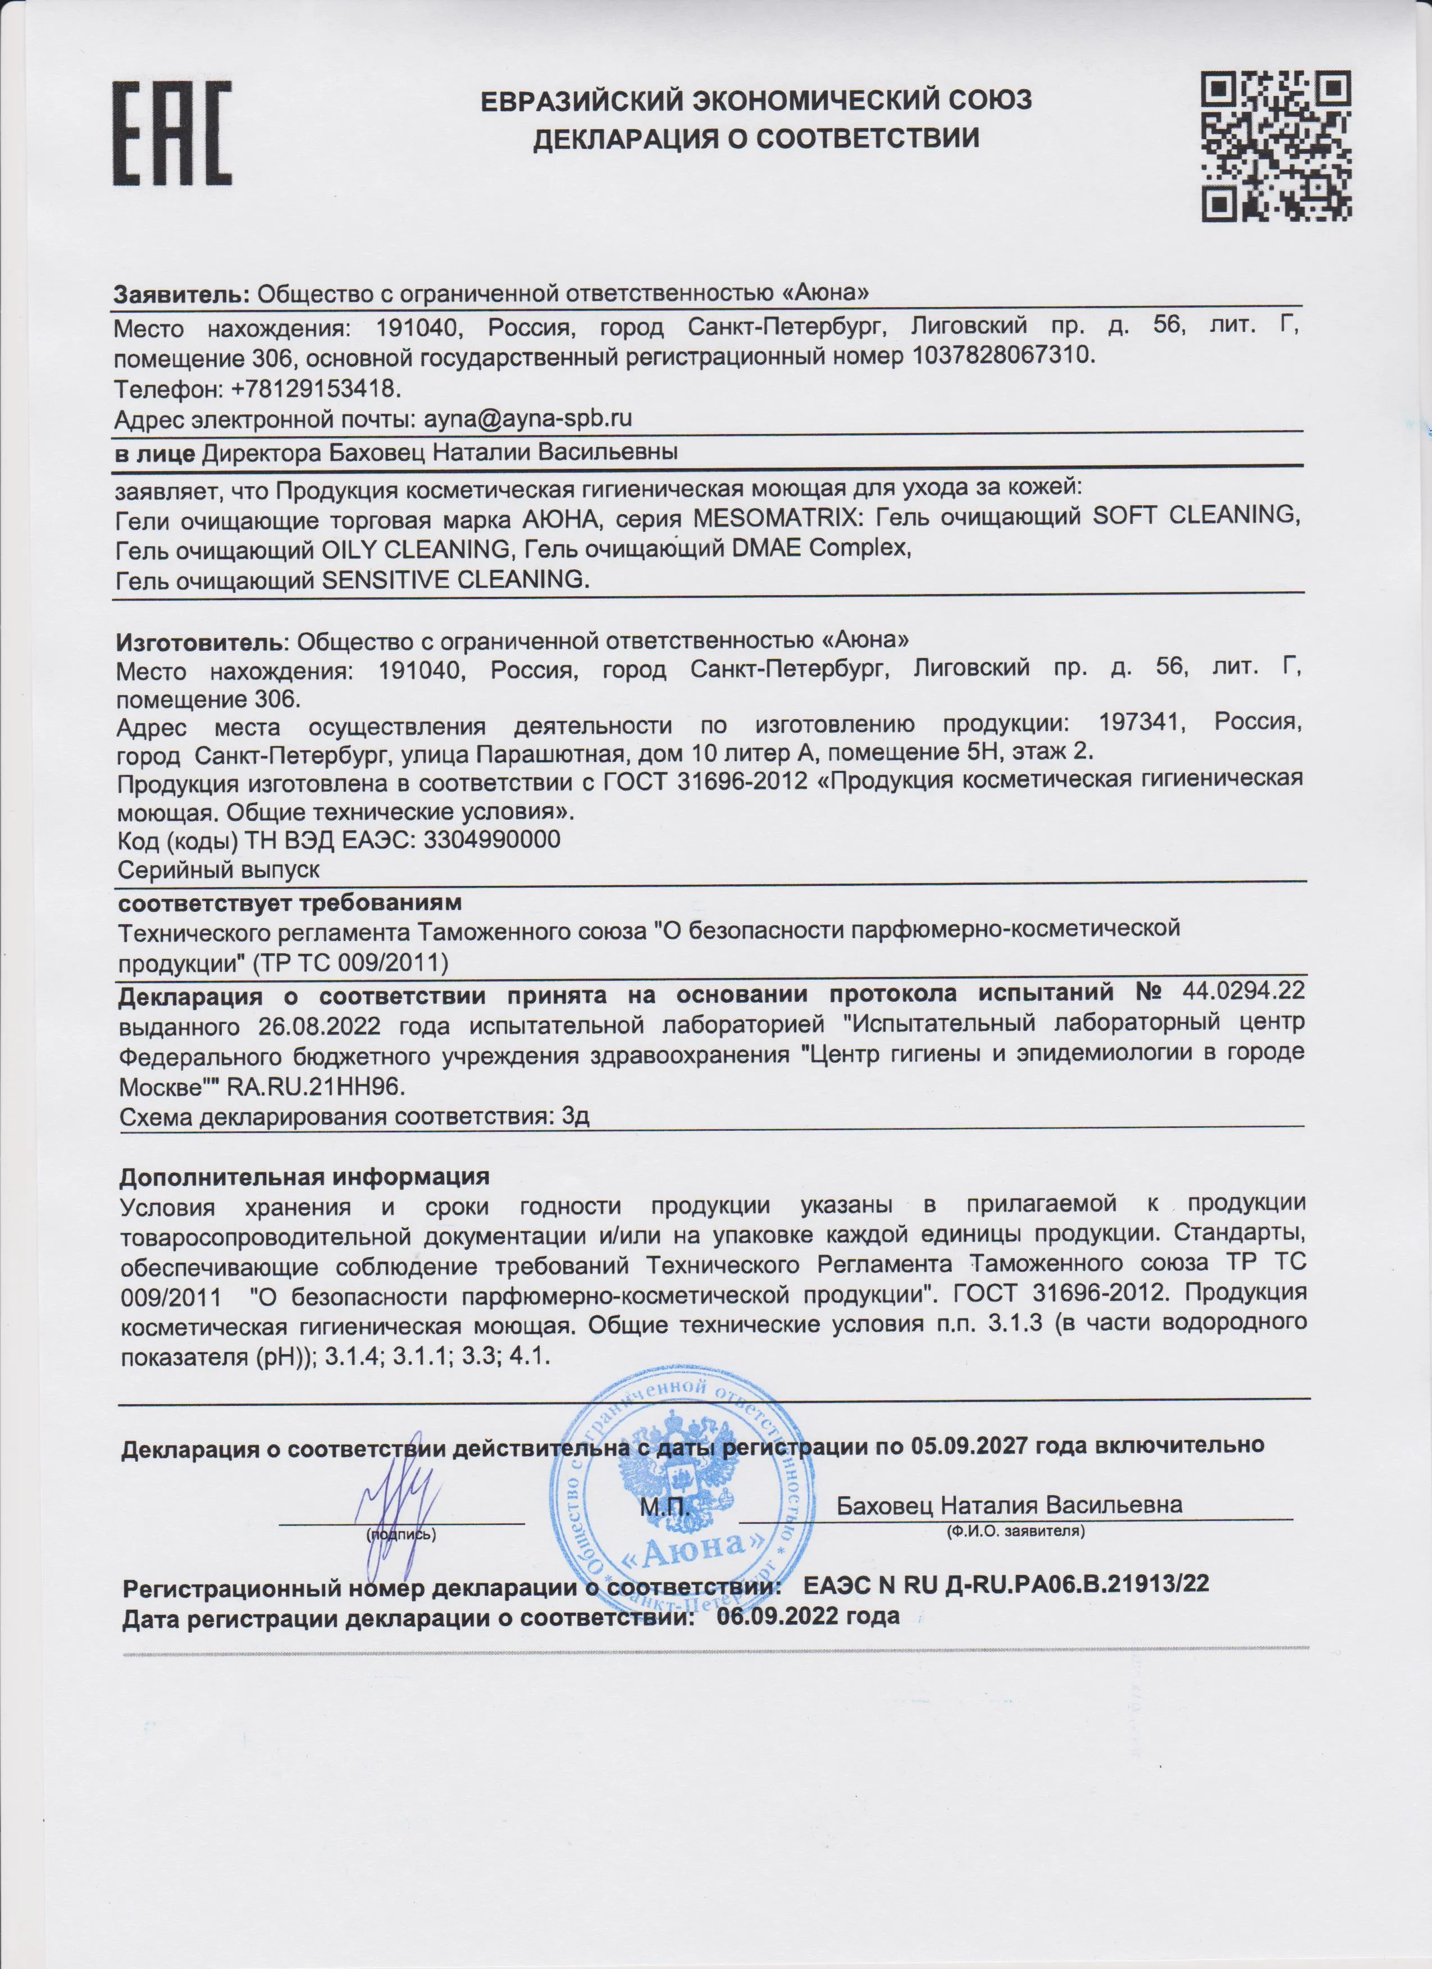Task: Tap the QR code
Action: pos(1276,146)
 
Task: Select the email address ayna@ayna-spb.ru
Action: pos(527,418)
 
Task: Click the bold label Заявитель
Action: pos(181,294)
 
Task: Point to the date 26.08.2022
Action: pos(319,1025)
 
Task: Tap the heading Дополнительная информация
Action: pos(304,1176)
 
